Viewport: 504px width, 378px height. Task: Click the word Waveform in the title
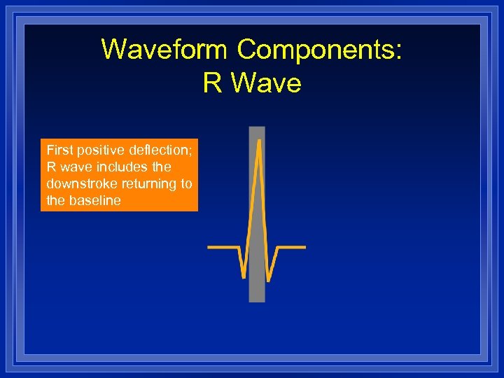164,50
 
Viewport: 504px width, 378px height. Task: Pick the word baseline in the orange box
94,200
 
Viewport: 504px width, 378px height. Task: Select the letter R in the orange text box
51,167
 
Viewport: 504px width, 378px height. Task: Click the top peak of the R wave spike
259,141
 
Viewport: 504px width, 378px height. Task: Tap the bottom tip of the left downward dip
243,277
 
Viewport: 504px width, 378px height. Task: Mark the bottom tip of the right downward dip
271,279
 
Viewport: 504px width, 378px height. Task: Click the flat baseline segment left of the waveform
222,247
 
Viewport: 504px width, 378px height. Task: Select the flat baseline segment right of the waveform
293,247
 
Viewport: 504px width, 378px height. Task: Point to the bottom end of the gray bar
257,300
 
